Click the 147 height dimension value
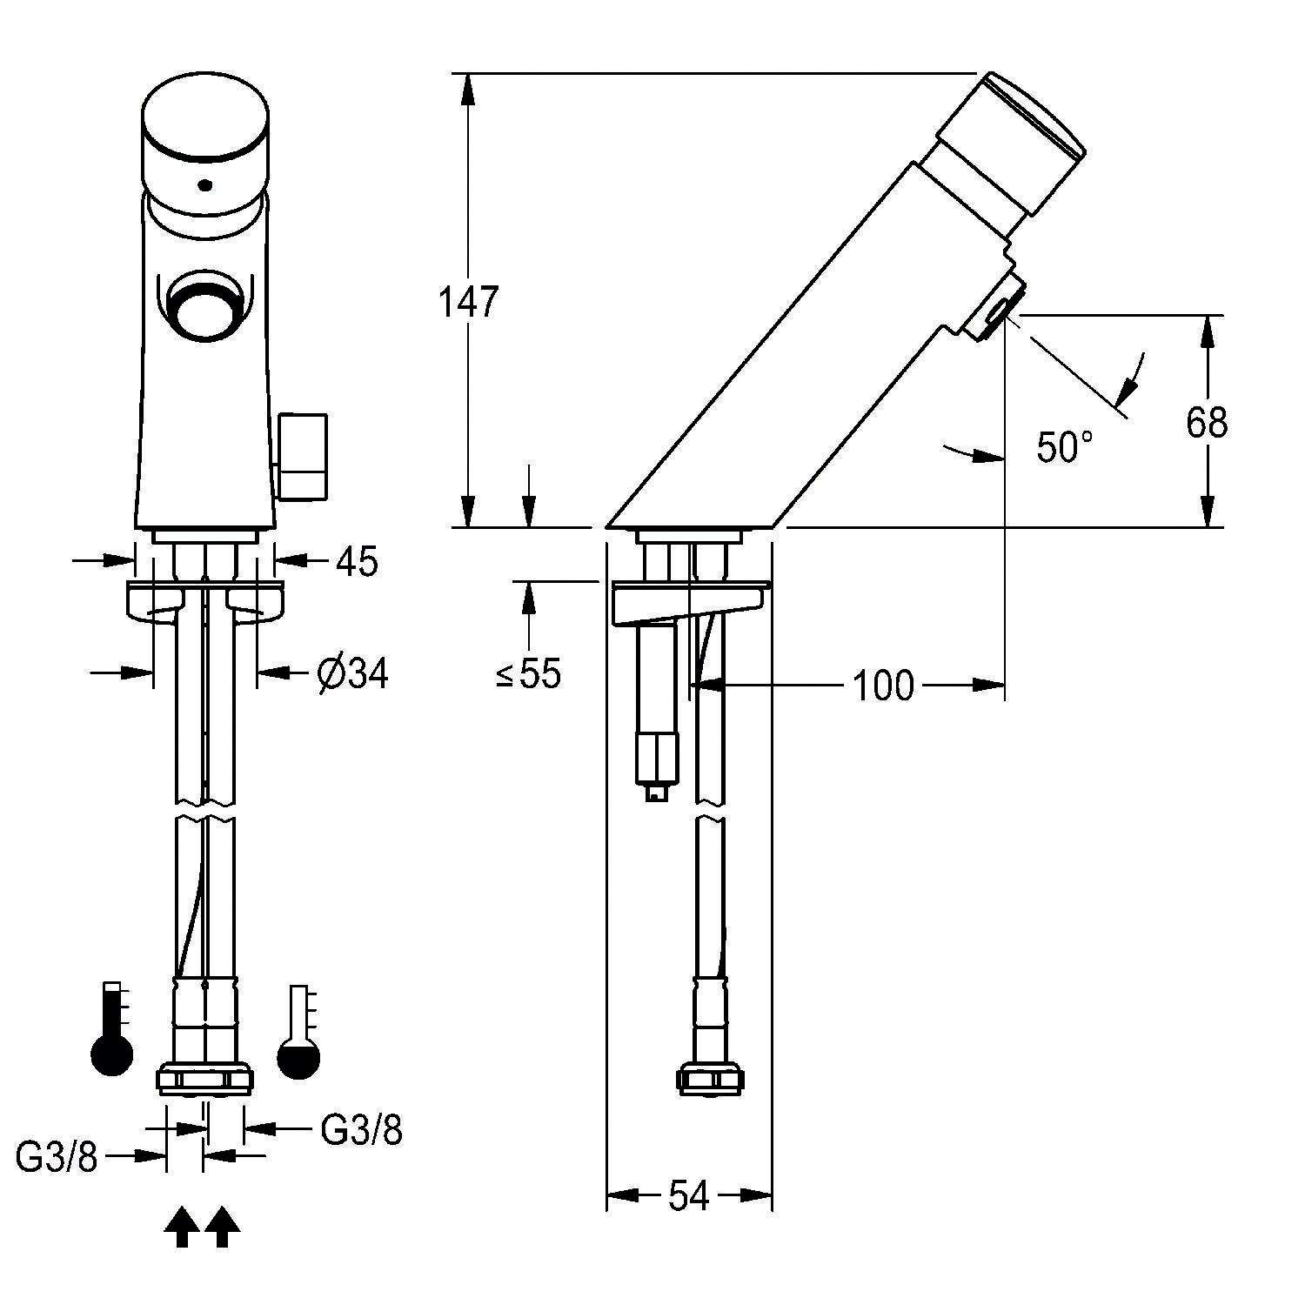click(467, 302)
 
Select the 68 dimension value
click(1206, 423)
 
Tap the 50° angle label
click(1064, 447)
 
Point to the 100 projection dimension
click(882, 686)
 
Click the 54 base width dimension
click(688, 1196)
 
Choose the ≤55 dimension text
click(529, 673)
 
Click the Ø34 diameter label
click(352, 673)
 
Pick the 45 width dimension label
click(357, 562)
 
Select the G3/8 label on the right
click(361, 1129)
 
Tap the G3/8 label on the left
click(57, 1158)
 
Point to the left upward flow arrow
click(182, 1227)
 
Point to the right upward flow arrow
click(223, 1227)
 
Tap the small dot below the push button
click(204, 184)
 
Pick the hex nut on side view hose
click(711, 1080)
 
